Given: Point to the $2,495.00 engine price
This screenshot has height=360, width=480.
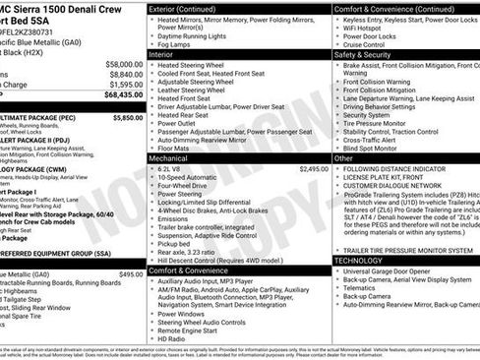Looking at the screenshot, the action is point(309,169).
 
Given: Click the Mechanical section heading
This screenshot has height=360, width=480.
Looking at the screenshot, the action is point(174,157).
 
